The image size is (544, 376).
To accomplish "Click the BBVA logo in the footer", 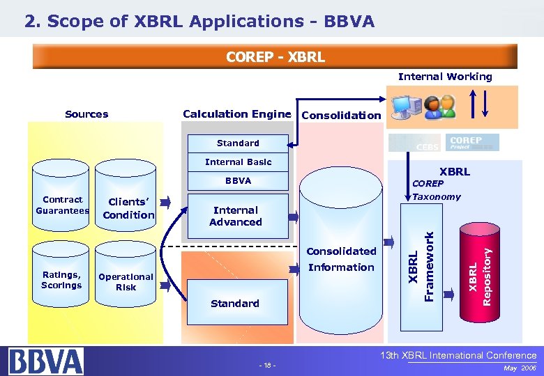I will tap(46, 361).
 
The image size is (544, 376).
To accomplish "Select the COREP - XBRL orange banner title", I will tap(275, 56).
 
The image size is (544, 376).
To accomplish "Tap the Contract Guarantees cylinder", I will tap(62, 205).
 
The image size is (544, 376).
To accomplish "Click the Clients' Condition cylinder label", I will tap(128, 209).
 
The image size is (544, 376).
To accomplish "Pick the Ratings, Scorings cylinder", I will tap(61, 280).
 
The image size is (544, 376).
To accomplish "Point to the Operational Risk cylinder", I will tap(126, 281).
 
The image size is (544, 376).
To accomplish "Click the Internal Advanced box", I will tap(235, 216).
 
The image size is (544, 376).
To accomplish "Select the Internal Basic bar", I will tap(238, 162).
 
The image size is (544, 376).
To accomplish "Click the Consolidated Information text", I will tap(341, 259).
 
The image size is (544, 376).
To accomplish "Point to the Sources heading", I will tap(86, 114).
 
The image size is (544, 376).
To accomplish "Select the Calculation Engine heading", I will tap(236, 114).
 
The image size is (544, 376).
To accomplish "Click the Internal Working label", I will tap(444, 77).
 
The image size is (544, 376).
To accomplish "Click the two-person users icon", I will tap(439, 105).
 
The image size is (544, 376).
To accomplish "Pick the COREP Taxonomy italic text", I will tap(436, 190).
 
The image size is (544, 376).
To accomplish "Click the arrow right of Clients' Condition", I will tap(165, 203).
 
